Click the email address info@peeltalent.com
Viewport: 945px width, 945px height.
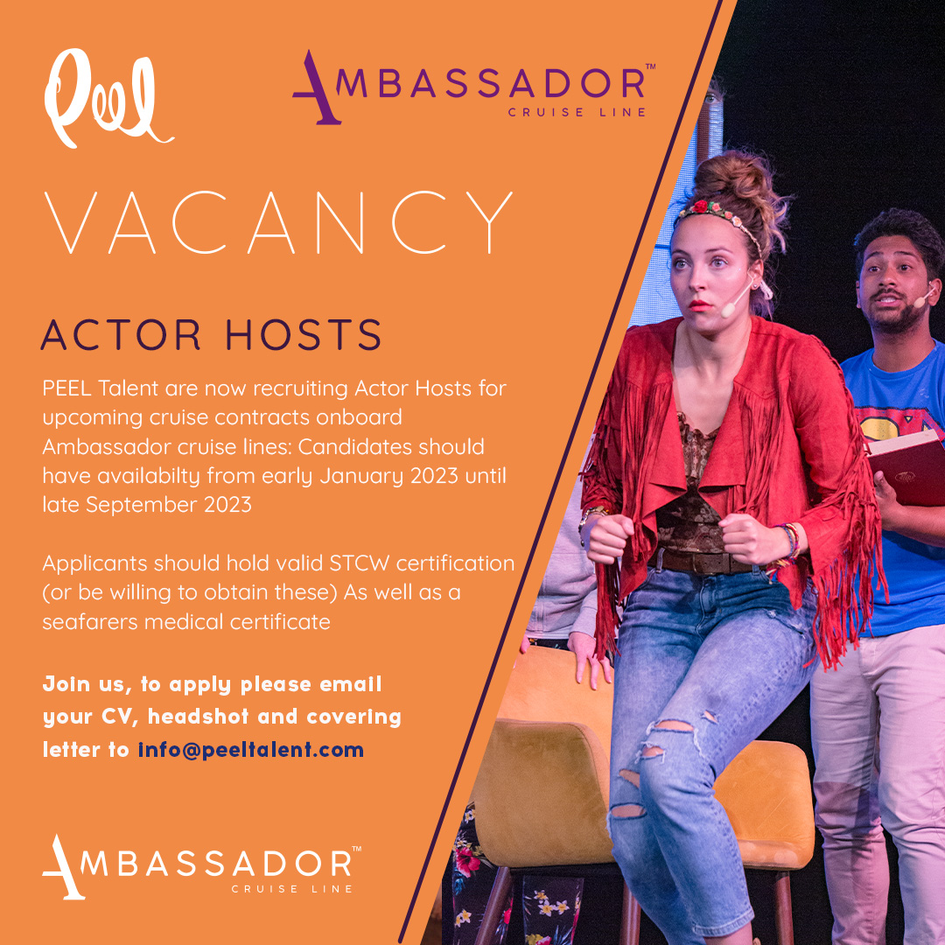coord(251,750)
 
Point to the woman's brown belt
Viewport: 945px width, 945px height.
coord(700,560)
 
